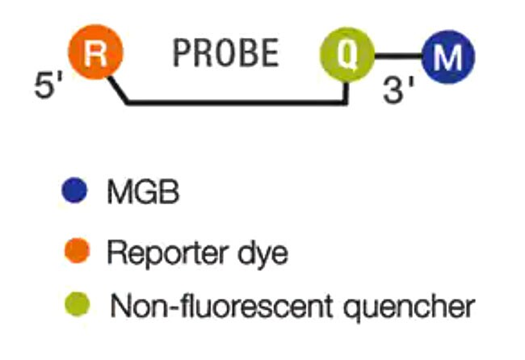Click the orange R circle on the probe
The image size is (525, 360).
coord(95,55)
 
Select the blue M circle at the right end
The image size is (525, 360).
coord(448,56)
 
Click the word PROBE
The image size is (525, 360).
coord(226,55)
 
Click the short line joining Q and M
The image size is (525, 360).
coord(397,57)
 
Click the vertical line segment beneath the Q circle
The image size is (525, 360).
coord(347,90)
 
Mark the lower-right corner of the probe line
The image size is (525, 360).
coord(347,103)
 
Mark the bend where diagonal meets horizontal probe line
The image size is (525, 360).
coord(128,103)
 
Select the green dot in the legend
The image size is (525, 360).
coord(74,306)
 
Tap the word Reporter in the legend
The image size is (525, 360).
coord(166,253)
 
